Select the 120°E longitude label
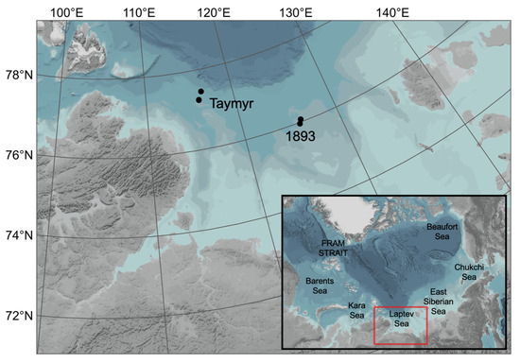(213, 11)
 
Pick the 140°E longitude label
(392, 11)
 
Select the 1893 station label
(301, 137)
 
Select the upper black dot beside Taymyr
(200, 92)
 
